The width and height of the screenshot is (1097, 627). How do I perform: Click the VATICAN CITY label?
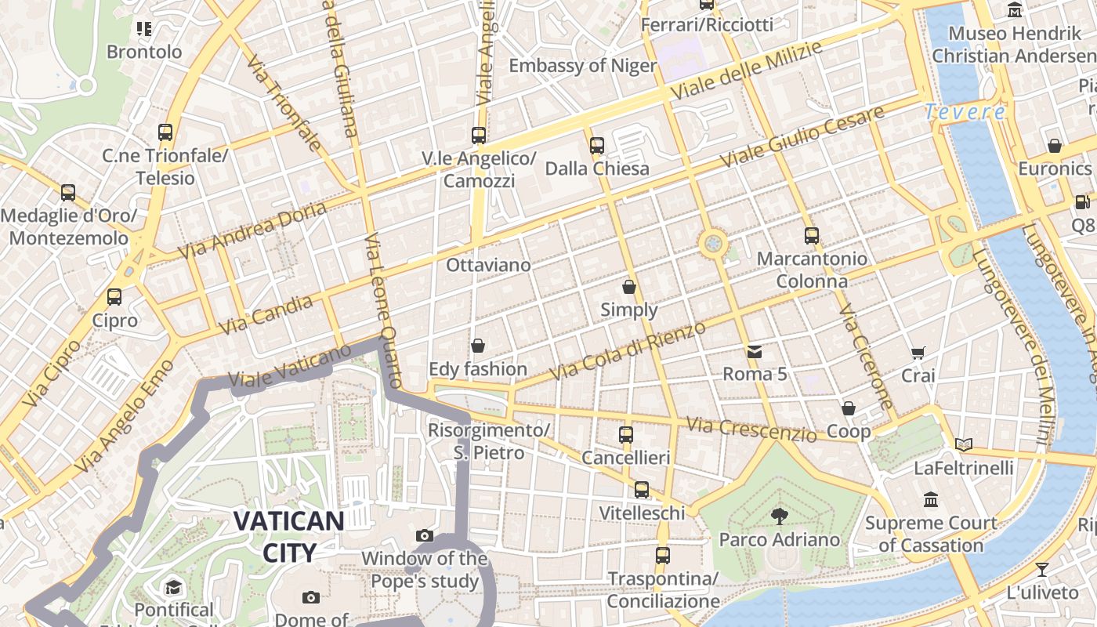click(288, 536)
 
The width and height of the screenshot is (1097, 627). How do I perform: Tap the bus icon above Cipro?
click(114, 297)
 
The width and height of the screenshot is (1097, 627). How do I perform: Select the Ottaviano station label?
click(488, 265)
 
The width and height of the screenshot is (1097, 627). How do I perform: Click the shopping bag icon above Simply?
click(628, 287)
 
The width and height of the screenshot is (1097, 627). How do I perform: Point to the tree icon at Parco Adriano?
click(779, 516)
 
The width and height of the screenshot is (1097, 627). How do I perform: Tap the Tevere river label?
click(965, 112)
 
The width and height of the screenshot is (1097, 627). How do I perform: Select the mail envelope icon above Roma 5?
click(754, 351)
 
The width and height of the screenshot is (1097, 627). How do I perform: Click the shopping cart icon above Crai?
click(918, 353)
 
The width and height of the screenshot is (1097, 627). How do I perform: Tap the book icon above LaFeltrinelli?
click(963, 445)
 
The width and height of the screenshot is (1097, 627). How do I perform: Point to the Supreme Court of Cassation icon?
click(931, 499)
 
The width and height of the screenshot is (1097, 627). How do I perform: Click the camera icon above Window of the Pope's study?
click(425, 536)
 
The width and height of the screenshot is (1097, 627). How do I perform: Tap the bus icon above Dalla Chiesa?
click(597, 145)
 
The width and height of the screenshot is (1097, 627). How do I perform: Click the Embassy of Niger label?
click(582, 65)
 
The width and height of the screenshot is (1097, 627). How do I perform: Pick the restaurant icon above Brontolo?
click(143, 29)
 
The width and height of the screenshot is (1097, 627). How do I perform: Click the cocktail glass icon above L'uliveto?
click(1042, 569)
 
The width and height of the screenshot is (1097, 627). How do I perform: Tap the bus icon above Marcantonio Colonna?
click(812, 235)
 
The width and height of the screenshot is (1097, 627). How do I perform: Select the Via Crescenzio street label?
click(751, 429)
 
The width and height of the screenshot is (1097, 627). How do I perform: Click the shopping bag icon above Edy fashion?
click(477, 346)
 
